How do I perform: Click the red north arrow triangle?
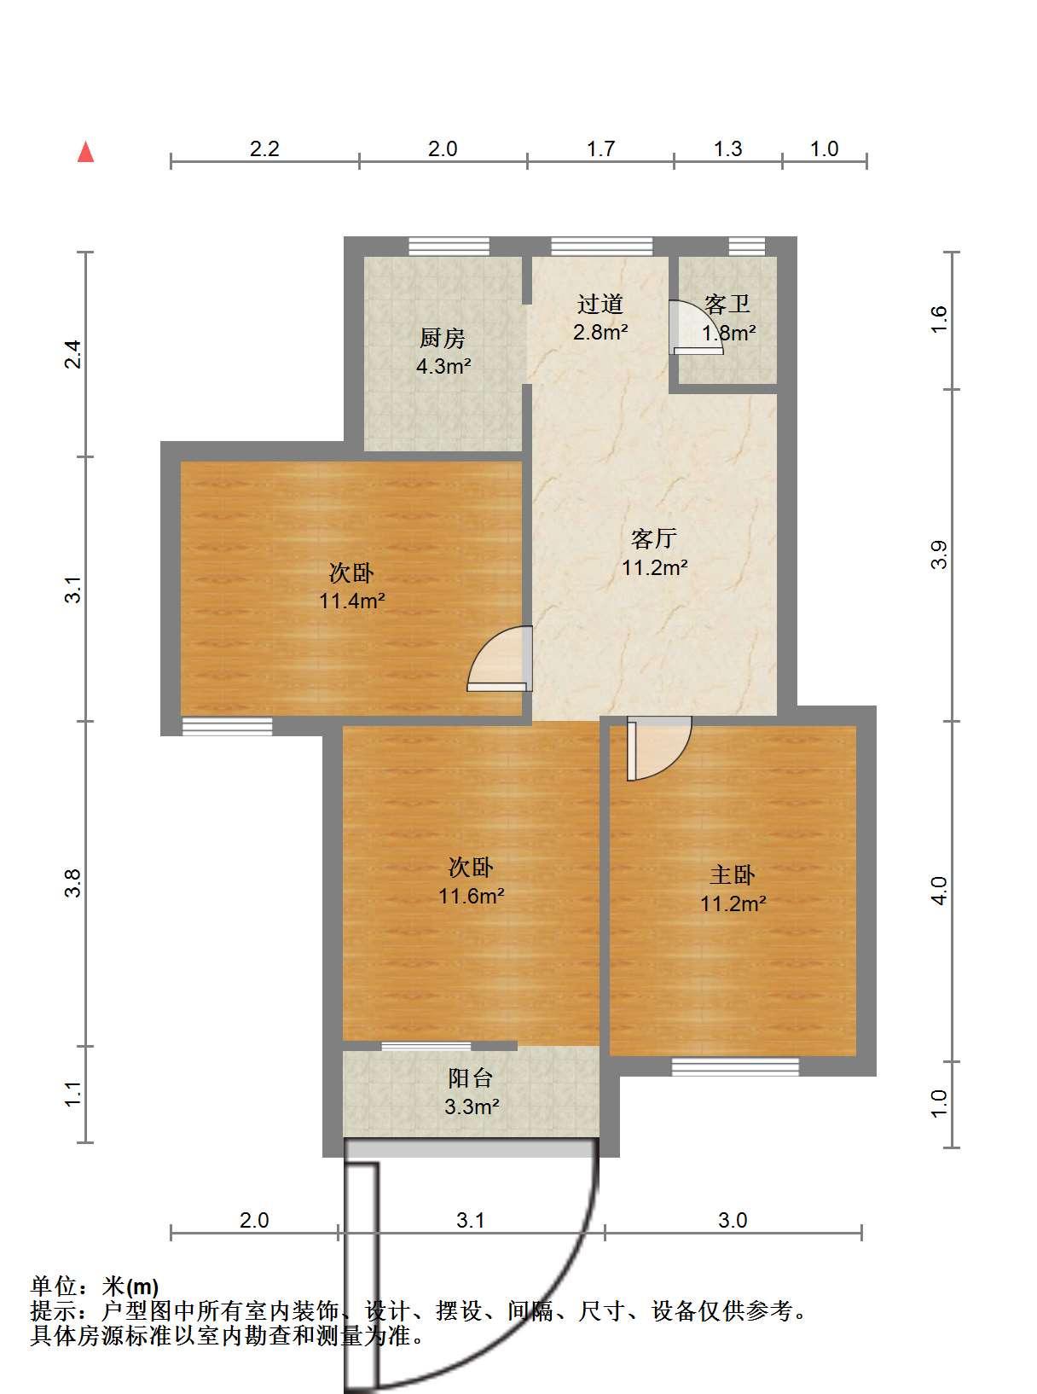(85, 152)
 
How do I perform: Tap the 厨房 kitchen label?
(443, 339)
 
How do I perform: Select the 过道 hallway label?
(600, 305)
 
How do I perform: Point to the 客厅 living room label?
(653, 538)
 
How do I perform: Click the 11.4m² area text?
(352, 601)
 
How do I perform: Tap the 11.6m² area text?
(472, 896)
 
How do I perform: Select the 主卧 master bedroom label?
(733, 874)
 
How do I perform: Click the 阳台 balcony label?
(470, 1078)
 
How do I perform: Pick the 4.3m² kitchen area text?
(443, 366)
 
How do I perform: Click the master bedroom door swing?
(659, 748)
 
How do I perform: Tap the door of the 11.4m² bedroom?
(500, 659)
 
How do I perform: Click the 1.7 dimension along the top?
(600, 149)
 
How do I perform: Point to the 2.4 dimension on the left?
(74, 354)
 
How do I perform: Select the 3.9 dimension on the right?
(939, 555)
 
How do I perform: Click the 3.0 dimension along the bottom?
(733, 1221)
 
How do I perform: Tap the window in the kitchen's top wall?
(449, 247)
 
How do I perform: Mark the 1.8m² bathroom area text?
(729, 333)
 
